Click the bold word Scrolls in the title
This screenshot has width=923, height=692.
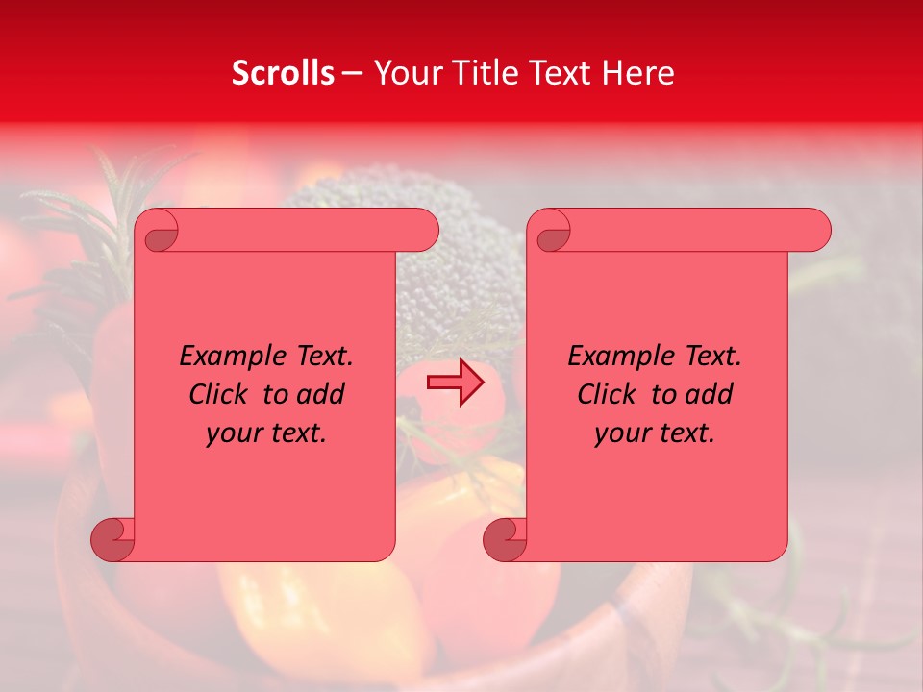pos(283,73)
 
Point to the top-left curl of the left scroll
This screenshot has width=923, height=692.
pos(158,232)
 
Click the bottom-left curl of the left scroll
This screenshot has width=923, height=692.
pos(112,538)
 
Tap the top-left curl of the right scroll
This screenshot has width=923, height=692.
pos(550,232)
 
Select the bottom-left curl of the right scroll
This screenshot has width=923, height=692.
pos(505,538)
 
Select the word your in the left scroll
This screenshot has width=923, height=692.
pos(234,433)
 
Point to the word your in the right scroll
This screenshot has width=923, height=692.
pos(622,433)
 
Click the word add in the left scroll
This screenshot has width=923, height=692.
pos(321,395)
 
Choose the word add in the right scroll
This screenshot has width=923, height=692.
pos(710,395)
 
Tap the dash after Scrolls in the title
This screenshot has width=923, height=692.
pos(352,73)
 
